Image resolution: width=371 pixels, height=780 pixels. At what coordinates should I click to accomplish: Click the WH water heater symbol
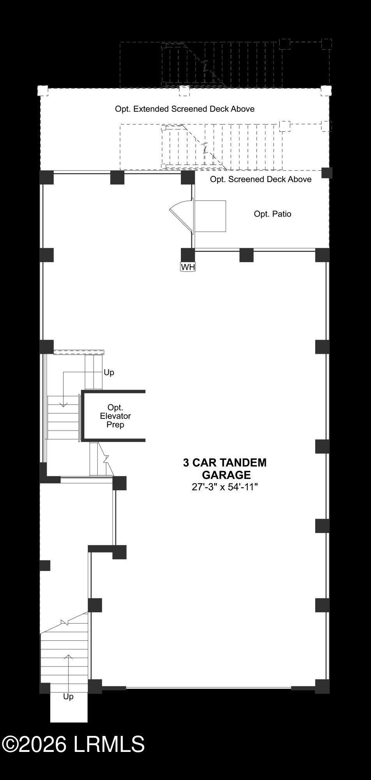(x=188, y=267)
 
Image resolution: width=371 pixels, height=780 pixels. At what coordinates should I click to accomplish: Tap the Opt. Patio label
(x=272, y=214)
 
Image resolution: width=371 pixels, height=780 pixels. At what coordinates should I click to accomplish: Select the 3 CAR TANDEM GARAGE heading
(x=225, y=468)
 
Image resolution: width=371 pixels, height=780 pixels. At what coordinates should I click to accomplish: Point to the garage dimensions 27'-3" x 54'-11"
(x=225, y=487)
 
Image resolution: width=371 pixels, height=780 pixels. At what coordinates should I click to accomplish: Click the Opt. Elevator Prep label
(x=115, y=416)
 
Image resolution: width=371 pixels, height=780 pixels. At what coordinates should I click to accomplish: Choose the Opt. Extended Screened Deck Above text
(x=185, y=109)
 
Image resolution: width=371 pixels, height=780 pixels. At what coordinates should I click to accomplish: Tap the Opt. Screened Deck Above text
(x=261, y=179)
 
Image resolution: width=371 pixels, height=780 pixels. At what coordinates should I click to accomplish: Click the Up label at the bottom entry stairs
(x=68, y=696)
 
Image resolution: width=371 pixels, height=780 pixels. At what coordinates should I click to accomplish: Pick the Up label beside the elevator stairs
(x=109, y=372)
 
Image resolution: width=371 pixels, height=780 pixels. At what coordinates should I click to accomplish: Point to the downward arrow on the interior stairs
(x=63, y=390)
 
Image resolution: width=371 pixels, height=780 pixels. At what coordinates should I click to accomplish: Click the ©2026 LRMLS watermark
(x=73, y=744)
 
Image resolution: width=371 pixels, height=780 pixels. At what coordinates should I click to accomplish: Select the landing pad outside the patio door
(x=210, y=216)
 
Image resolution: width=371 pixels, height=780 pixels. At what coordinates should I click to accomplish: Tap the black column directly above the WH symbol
(x=188, y=255)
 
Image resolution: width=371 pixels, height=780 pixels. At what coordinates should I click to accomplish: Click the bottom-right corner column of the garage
(x=322, y=686)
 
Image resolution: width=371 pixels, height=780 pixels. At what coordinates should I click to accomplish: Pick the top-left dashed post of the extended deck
(x=42, y=91)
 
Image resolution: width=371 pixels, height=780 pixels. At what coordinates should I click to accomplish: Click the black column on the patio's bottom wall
(x=246, y=255)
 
